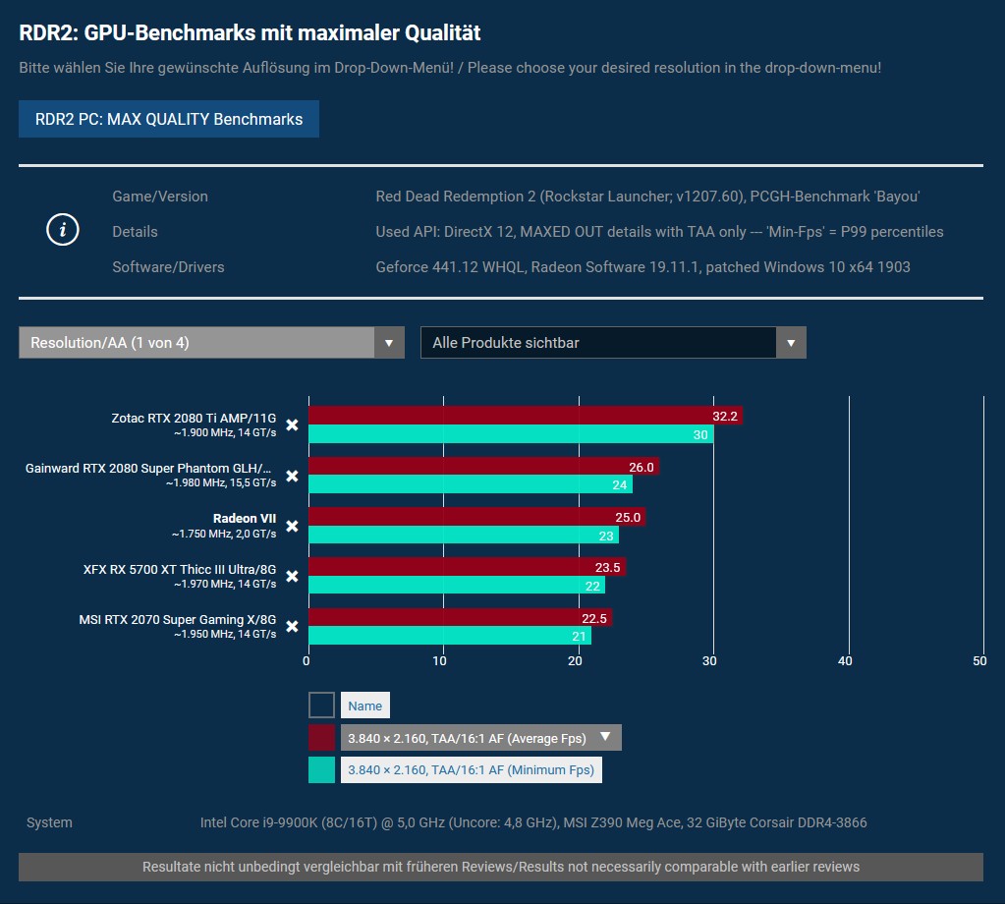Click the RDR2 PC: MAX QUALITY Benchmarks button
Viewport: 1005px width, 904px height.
click(169, 119)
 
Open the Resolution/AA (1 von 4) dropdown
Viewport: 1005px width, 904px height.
click(211, 343)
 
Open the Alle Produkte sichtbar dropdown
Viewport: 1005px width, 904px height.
click(613, 343)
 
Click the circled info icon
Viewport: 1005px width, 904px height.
click(63, 230)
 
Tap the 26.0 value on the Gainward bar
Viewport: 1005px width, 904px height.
click(641, 467)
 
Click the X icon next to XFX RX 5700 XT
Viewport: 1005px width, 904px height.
click(292, 576)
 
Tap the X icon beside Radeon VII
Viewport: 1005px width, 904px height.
click(292, 526)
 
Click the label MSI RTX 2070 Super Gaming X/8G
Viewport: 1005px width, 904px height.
click(178, 620)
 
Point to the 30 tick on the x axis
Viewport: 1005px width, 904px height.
click(711, 661)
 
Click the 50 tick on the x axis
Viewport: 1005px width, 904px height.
click(979, 661)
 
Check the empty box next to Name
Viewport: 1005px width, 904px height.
click(321, 705)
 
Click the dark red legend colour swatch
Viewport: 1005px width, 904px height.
click(321, 738)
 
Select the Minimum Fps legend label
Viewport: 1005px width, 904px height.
click(472, 770)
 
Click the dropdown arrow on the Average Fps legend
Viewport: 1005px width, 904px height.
click(606, 737)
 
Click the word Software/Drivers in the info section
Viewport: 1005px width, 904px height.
click(168, 267)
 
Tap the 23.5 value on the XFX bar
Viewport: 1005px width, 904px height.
click(608, 567)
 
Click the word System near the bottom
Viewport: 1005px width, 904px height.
click(49, 822)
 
